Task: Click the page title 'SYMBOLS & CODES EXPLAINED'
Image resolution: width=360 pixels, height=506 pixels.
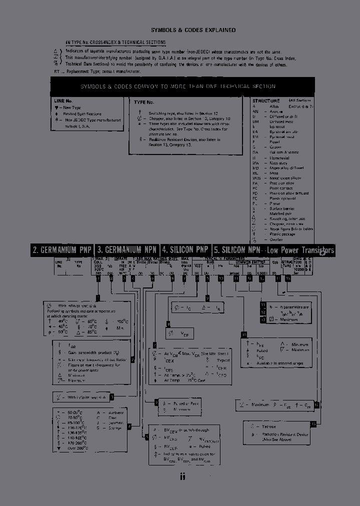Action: click(193, 30)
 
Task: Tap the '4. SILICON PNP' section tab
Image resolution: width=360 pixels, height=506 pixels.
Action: click(185, 250)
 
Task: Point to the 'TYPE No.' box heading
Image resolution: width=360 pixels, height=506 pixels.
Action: click(143, 102)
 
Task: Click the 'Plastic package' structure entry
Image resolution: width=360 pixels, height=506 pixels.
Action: click(283, 233)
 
